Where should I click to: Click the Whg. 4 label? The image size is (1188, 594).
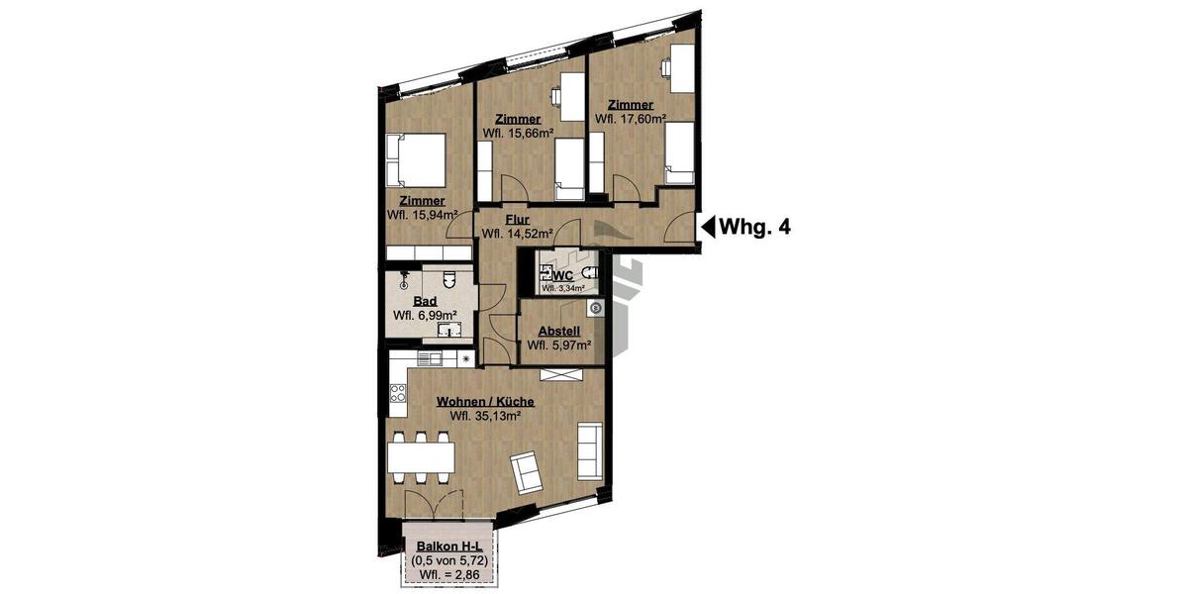(x=754, y=227)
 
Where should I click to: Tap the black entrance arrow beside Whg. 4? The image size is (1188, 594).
(x=708, y=227)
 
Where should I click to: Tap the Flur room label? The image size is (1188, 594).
(x=517, y=220)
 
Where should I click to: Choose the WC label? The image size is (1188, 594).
(x=563, y=275)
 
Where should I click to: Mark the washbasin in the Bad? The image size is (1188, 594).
(x=450, y=331)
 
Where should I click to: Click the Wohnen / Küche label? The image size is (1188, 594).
(x=486, y=402)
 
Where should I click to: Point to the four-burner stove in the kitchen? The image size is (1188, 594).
(x=398, y=399)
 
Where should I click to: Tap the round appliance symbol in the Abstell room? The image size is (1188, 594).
(x=595, y=309)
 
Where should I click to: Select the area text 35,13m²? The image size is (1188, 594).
(x=486, y=416)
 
